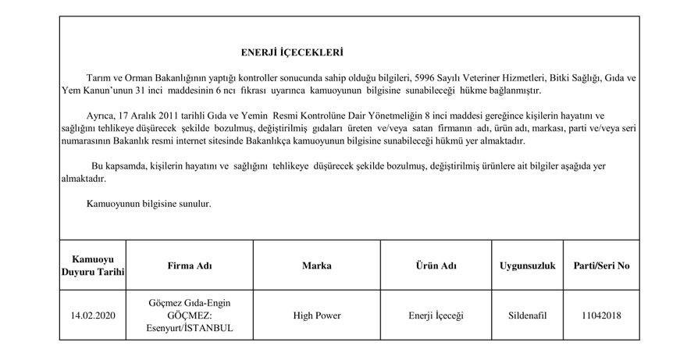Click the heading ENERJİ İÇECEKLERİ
click(292, 53)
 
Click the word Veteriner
click(479, 80)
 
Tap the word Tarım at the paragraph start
click(98, 80)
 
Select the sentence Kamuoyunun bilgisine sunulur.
click(148, 204)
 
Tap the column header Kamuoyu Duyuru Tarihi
click(93, 265)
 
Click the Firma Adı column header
click(190, 266)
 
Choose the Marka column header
click(316, 266)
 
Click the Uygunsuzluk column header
click(527, 266)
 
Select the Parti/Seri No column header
click(601, 266)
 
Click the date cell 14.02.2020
click(93, 315)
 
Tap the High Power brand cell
click(316, 315)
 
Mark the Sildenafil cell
click(527, 315)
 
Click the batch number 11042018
click(601, 315)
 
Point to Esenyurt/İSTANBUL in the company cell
click(190, 328)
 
